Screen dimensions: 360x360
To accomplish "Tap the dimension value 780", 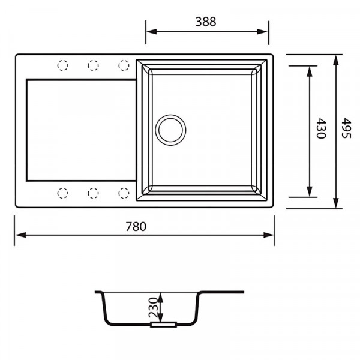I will point(136,226).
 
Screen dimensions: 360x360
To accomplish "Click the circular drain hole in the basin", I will point(170,130).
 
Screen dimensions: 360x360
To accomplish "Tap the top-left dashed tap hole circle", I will point(63,65).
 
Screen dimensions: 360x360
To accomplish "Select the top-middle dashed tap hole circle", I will point(93,65).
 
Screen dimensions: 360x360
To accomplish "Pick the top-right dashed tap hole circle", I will point(124,65).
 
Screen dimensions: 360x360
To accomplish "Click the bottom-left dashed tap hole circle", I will point(63,193).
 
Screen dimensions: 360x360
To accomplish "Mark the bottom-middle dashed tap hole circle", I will point(93,193).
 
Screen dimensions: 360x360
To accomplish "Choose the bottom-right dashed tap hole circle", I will point(124,193).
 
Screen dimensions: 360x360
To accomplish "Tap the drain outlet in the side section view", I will point(163,325).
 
